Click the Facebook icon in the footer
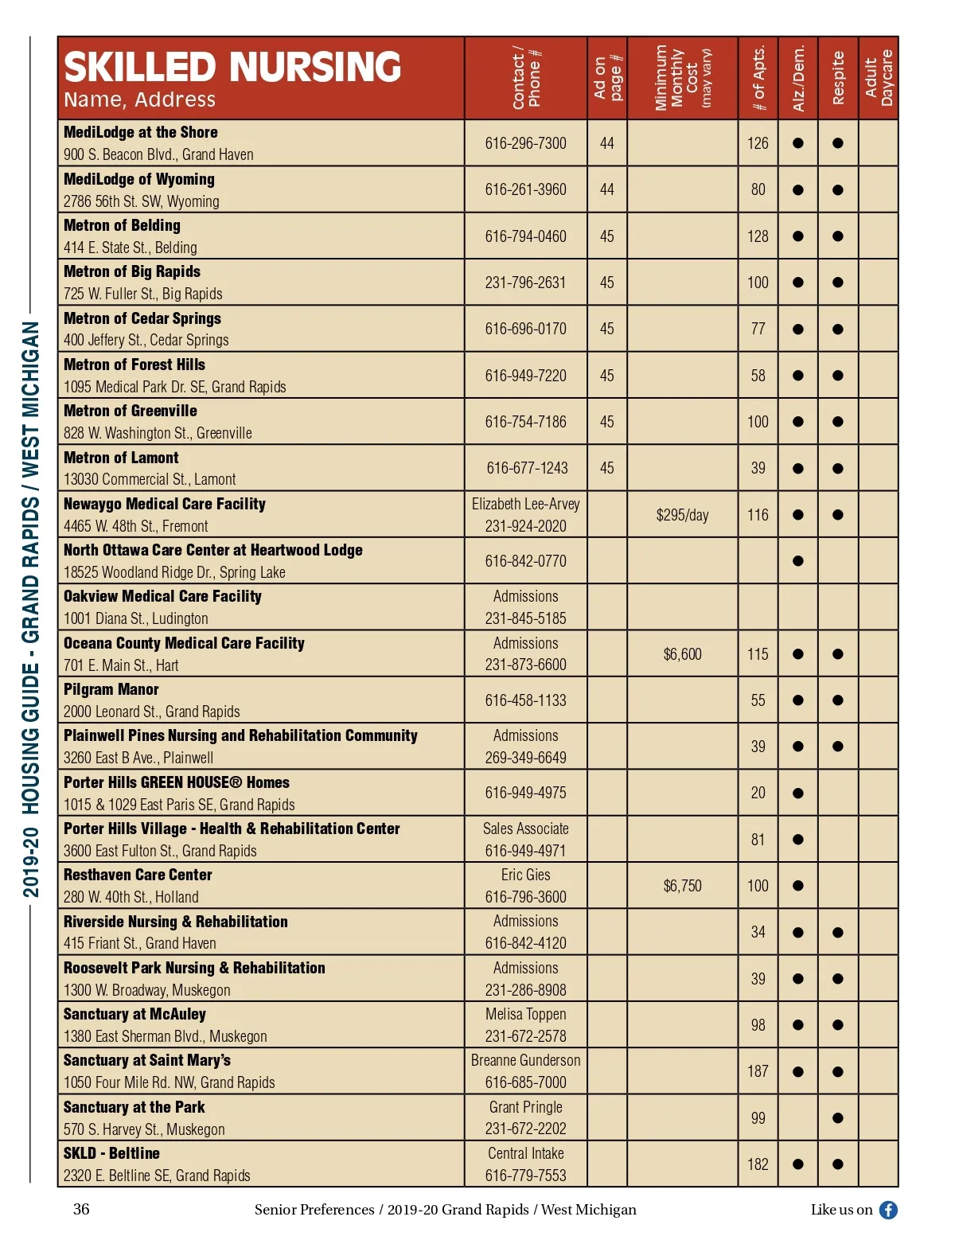[888, 1210]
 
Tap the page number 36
[81, 1209]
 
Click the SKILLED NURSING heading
[232, 67]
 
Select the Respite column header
[838, 78]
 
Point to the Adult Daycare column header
[879, 78]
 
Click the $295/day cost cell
[682, 515]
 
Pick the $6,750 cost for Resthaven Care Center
[682, 886]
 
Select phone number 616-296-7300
[525, 143]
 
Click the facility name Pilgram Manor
[111, 689]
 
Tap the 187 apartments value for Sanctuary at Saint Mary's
[758, 1071]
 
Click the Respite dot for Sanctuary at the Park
[838, 1118]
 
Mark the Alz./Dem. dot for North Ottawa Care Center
[798, 561]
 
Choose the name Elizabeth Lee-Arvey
[525, 504]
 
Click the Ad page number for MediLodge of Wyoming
[606, 189]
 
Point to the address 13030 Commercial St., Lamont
[150, 479]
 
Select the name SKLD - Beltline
[111, 1153]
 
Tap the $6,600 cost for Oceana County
[682, 654]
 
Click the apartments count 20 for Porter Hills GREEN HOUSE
[758, 793]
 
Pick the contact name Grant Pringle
[525, 1107]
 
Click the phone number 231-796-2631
[525, 283]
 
